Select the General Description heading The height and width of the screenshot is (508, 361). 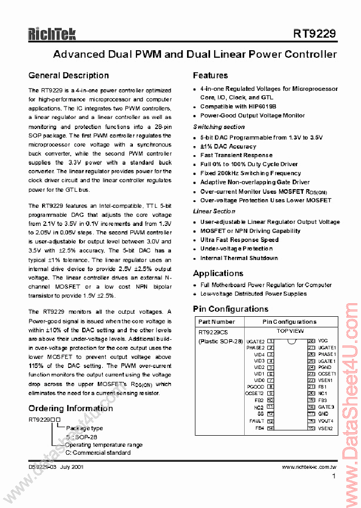click(x=69, y=76)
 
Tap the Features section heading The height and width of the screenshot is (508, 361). click(x=210, y=76)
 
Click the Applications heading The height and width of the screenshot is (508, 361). click(x=218, y=274)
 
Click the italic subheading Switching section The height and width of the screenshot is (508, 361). click(x=219, y=127)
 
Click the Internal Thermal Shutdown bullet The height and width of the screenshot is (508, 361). click(x=239, y=258)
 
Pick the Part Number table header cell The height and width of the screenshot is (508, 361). click(x=216, y=322)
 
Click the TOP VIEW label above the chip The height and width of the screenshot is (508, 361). click(x=290, y=331)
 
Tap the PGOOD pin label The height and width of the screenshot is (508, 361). click(x=255, y=387)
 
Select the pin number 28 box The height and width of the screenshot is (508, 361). click(x=311, y=341)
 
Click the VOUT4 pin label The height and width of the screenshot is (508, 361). click(x=325, y=421)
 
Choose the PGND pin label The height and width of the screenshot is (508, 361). click(x=324, y=367)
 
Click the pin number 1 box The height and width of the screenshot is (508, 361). click(x=270, y=341)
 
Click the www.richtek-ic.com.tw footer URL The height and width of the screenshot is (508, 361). click(x=309, y=467)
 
